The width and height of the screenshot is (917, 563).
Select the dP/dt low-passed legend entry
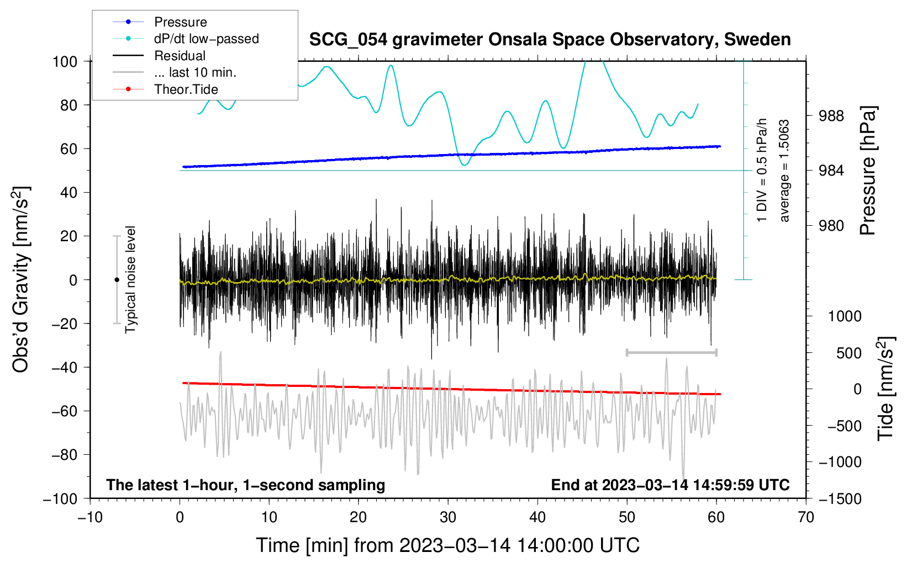coord(206,39)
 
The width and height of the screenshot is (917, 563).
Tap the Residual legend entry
coord(180,56)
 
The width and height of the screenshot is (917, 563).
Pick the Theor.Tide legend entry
coord(186,89)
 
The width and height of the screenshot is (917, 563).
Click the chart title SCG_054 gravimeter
coord(550,40)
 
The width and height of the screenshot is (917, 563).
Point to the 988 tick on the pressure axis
coord(831,116)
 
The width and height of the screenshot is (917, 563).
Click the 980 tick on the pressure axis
coord(831,225)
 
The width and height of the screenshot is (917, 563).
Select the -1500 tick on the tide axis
coord(840,498)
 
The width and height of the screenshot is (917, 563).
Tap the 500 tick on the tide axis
coord(849,353)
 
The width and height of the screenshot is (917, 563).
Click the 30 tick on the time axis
coord(448,517)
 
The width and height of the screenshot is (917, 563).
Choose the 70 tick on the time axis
coord(806,517)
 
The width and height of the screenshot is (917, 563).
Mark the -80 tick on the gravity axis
coord(64,455)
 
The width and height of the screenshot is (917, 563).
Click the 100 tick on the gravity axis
coord(65,61)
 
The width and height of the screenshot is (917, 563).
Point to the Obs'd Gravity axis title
coord(21,280)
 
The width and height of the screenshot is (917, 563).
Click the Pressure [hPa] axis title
coord(868,171)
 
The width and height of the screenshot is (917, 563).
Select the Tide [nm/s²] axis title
coord(886,388)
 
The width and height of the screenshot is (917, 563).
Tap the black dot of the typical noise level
coord(117,280)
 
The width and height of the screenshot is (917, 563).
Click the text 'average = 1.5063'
coord(784,171)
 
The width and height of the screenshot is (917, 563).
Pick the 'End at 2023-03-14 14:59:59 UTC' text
coord(670,485)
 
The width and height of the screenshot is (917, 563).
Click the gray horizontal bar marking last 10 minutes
coord(671,352)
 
